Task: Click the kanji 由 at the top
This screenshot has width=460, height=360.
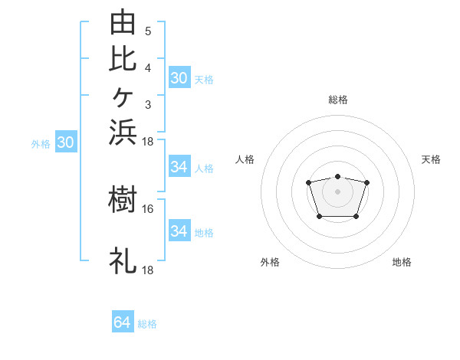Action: pyautogui.click(x=123, y=21)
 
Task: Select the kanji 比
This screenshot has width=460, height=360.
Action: pyautogui.click(x=123, y=59)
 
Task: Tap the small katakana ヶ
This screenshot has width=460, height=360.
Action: pyautogui.click(x=123, y=97)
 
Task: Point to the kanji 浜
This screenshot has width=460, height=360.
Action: pyautogui.click(x=123, y=133)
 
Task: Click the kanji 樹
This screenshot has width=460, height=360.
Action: pyautogui.click(x=123, y=199)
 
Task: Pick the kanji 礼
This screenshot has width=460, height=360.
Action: pyautogui.click(x=123, y=260)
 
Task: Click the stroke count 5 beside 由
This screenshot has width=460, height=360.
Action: pyautogui.click(x=148, y=31)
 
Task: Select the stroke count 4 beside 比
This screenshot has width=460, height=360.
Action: pyautogui.click(x=148, y=68)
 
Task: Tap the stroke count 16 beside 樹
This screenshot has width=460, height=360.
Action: pyautogui.click(x=147, y=209)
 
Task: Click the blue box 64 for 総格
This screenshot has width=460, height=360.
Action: pyautogui.click(x=123, y=321)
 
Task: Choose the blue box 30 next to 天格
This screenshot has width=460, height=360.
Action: pyautogui.click(x=179, y=77)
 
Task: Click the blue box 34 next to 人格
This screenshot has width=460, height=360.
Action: pyautogui.click(x=179, y=166)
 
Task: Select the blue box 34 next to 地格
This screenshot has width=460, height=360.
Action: pyautogui.click(x=179, y=230)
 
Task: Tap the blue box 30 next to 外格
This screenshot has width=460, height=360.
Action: pyautogui.click(x=66, y=141)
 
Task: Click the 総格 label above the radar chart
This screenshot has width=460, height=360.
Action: pyautogui.click(x=338, y=100)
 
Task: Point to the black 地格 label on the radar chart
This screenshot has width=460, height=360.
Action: pyautogui.click(x=402, y=262)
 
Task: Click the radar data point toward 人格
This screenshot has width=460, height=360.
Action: pyautogui.click(x=308, y=182)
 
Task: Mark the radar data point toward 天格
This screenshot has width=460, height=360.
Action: pyautogui.click(x=366, y=182)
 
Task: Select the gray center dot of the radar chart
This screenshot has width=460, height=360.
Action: pyautogui.click(x=337, y=191)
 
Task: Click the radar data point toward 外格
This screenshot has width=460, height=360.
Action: pyautogui.click(x=320, y=217)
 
